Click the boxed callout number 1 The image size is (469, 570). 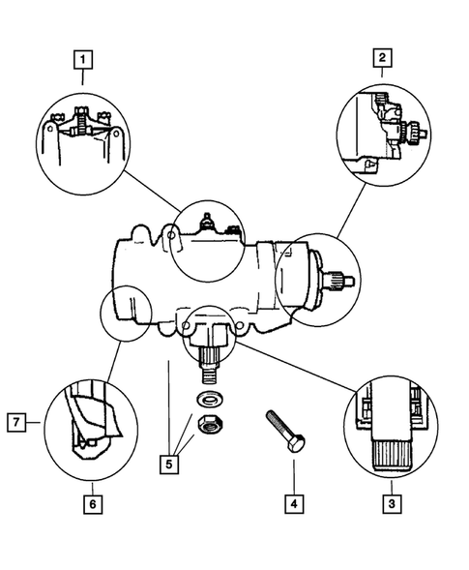(x=85, y=61)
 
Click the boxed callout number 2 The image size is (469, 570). (x=383, y=59)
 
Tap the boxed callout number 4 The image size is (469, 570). (x=291, y=503)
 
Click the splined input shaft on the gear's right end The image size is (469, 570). (x=342, y=282)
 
